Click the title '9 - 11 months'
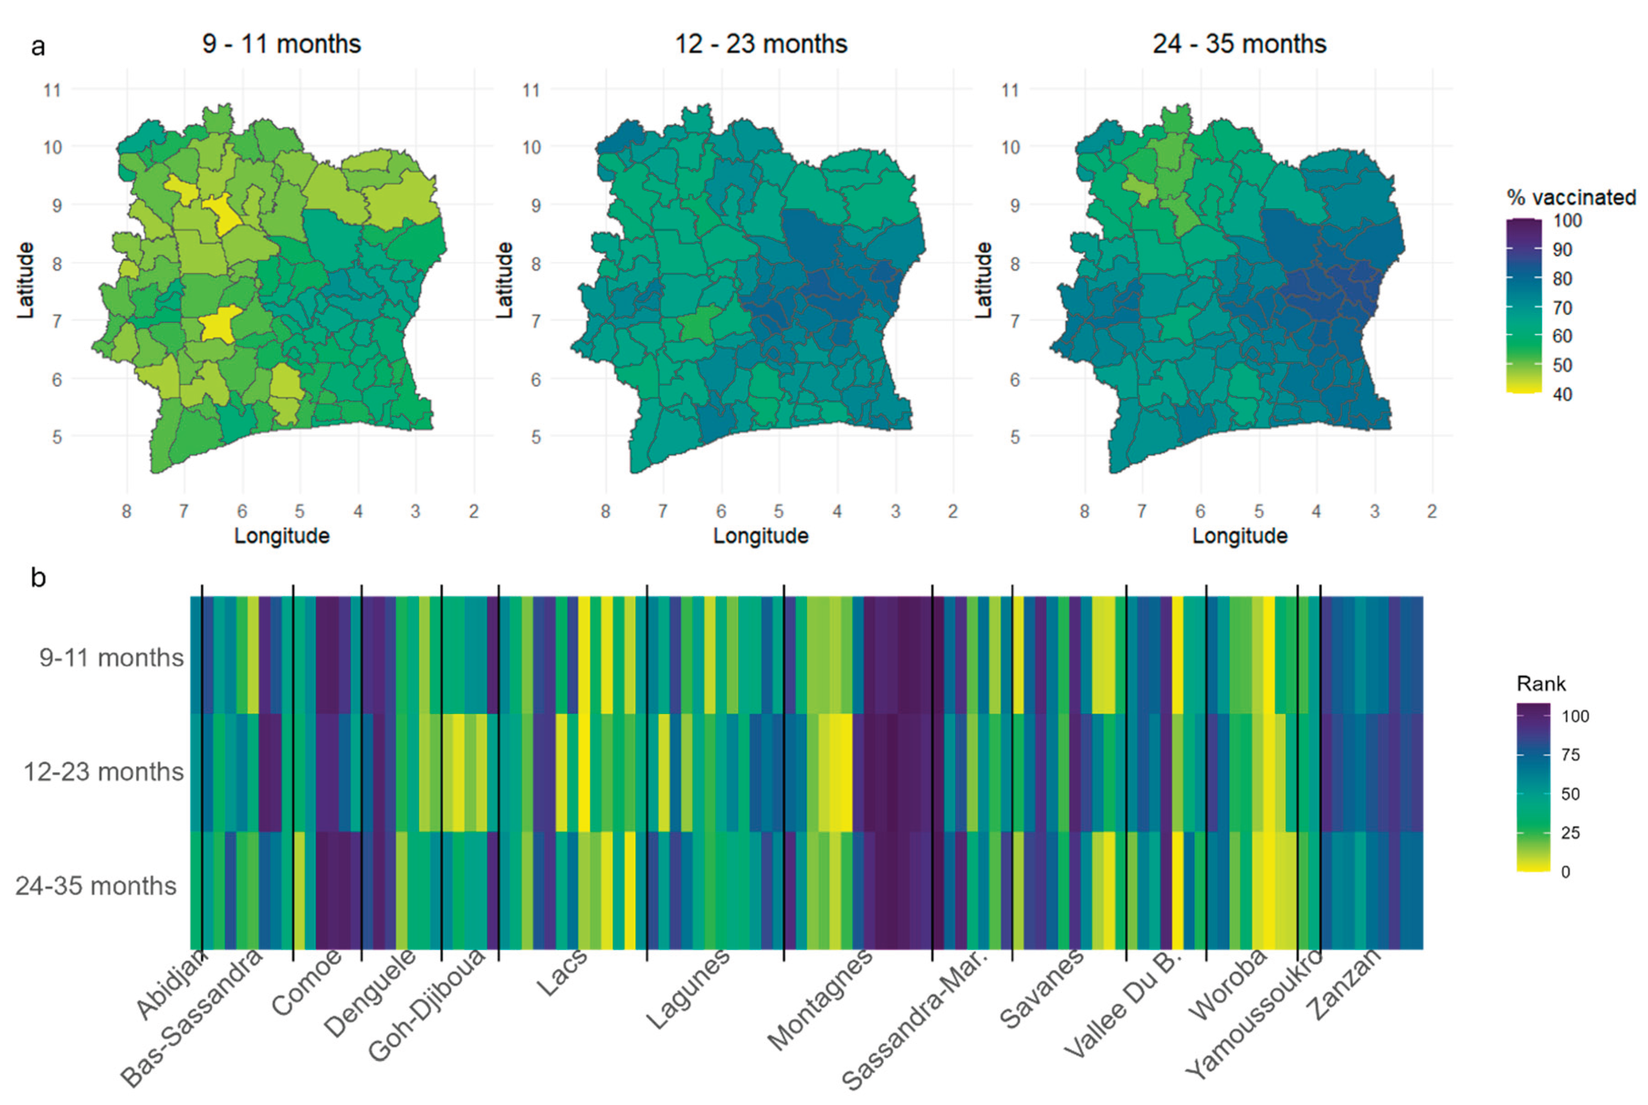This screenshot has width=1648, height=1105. click(x=281, y=44)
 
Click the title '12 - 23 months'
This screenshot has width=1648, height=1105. click(x=760, y=44)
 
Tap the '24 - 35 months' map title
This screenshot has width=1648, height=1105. click(x=1239, y=44)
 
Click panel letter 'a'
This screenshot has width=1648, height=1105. click(x=38, y=47)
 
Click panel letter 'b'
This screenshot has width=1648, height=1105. click(x=38, y=578)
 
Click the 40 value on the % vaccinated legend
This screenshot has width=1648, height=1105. click(x=1562, y=394)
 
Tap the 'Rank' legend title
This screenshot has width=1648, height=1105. click(x=1541, y=683)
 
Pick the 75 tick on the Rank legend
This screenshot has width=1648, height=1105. click(x=1570, y=755)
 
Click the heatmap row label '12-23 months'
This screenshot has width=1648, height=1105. click(x=104, y=771)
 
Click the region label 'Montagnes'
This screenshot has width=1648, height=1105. click(x=820, y=999)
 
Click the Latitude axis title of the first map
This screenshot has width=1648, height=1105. click(x=26, y=281)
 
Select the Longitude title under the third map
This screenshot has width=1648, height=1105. click(x=1239, y=536)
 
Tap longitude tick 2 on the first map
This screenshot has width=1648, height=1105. click(x=473, y=511)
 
